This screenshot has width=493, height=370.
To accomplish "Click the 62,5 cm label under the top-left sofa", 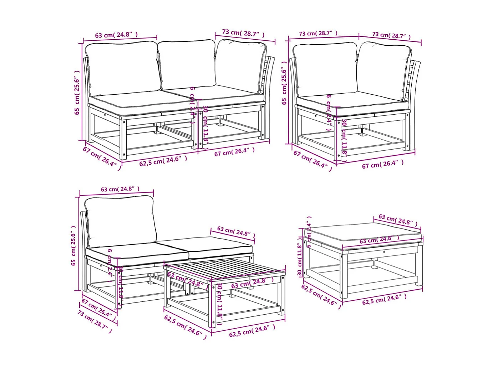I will coord(163,161).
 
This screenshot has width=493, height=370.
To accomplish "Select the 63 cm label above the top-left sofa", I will coord(116,35).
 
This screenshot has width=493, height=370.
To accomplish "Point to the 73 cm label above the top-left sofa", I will coord(243,33).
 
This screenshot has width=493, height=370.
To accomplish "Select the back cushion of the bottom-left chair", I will coord(120,221).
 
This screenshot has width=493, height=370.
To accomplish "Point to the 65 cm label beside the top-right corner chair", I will coord(284,83).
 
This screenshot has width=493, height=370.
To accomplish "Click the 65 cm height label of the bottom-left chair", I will coord(73,246).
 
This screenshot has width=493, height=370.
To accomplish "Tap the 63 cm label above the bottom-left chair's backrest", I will coord(120,189).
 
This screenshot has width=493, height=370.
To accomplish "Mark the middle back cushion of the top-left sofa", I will coord(187,64).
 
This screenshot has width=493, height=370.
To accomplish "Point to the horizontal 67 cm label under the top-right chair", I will coord(383,164).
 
